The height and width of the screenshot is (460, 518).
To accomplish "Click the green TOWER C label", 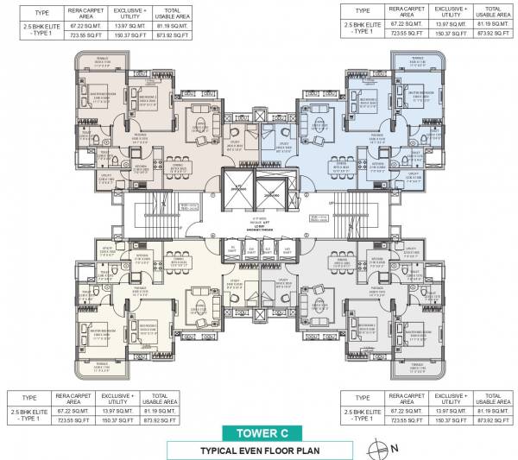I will [258, 432].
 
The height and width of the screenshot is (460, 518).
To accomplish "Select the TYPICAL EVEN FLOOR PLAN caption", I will [258, 450].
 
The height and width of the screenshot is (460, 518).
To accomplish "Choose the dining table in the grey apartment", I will [341, 260].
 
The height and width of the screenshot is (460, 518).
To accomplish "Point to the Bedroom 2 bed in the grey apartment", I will [370, 327].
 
